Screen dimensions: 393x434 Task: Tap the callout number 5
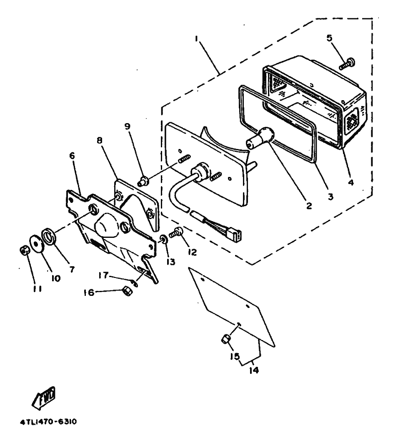(x=329, y=38)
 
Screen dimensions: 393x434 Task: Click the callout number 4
(x=351, y=182)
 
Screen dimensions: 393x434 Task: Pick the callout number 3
(x=330, y=197)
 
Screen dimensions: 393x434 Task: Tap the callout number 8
(x=99, y=140)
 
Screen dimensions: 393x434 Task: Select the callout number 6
(x=72, y=156)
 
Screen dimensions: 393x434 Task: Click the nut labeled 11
(x=25, y=250)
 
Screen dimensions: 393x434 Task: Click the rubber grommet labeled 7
(x=49, y=236)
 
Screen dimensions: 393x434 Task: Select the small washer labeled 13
(x=163, y=239)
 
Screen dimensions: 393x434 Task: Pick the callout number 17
(x=104, y=276)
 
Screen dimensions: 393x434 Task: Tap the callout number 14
(x=254, y=370)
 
